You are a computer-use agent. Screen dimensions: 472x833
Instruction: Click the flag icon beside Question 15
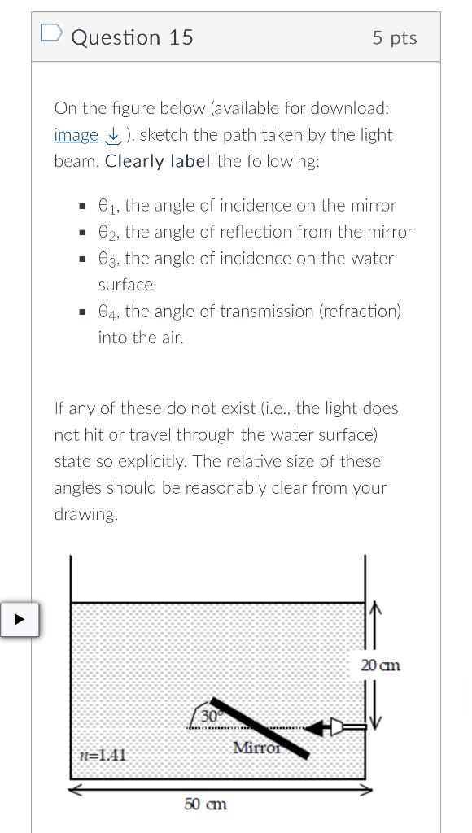[x=50, y=33]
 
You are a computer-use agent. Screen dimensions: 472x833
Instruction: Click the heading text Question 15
[x=133, y=37]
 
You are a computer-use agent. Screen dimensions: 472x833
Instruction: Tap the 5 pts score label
[x=395, y=37]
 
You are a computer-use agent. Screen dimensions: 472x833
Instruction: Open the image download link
[x=76, y=135]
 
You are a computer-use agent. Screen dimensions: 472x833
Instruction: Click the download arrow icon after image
[x=112, y=135]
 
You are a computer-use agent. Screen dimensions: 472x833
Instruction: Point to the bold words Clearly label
[x=159, y=161]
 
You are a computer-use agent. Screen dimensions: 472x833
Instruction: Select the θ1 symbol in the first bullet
[x=107, y=206]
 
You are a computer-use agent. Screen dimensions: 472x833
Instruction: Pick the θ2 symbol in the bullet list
[x=107, y=233]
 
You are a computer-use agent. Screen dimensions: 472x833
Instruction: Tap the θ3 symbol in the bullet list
[x=107, y=259]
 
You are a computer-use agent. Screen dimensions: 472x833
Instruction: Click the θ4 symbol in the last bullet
[x=107, y=312]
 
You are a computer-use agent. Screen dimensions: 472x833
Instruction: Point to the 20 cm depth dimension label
[x=380, y=665]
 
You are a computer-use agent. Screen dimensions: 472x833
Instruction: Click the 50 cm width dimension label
[x=205, y=804]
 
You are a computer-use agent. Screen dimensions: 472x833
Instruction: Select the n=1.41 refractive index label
[x=103, y=755]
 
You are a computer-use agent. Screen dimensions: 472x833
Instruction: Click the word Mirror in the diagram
[x=256, y=747]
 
